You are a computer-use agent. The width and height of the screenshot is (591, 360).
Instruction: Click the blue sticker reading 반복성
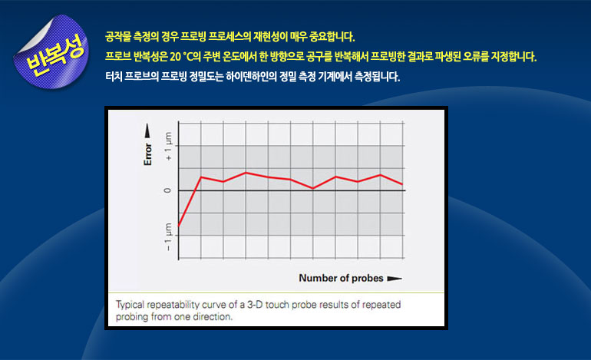pos(51,52)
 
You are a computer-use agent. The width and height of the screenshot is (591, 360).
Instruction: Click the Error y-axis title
pos(147,154)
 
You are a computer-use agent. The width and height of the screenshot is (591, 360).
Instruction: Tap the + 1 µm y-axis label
pos(168,146)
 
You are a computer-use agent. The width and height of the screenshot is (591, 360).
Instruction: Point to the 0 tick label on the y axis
pos(168,190)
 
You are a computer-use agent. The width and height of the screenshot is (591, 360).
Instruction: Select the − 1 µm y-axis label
pos(168,236)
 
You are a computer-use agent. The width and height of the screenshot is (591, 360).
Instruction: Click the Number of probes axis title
pos(341,278)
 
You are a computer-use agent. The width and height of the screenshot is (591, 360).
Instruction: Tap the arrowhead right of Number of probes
pos(395,279)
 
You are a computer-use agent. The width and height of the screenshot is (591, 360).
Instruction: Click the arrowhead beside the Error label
pos(147,130)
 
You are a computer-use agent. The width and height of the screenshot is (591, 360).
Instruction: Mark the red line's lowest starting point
pos(178,226)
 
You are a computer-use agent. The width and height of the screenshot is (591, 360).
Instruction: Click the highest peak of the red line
pos(246,173)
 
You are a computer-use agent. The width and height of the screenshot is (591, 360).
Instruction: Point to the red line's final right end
pos(402,184)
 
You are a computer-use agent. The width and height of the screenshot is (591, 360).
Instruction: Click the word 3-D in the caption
pos(254,305)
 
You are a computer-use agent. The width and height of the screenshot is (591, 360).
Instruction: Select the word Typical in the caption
pos(130,305)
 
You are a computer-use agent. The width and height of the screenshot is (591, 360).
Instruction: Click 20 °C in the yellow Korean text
pos(181,57)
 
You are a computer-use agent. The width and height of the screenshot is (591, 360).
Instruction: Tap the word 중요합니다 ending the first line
pos(332,37)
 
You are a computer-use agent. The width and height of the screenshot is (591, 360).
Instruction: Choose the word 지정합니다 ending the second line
pos(513,57)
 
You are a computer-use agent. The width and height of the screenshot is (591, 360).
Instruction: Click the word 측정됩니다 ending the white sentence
pos(377,77)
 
